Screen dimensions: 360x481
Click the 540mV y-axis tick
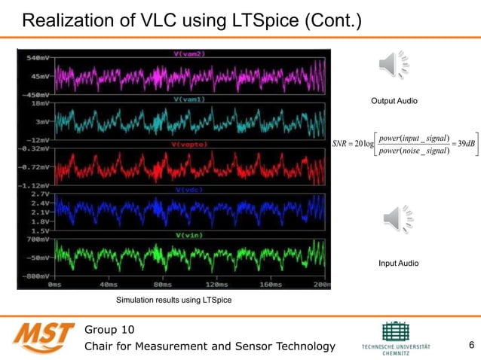[38, 58]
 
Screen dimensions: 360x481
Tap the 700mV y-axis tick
[38, 239]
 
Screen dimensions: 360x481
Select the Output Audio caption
[394, 101]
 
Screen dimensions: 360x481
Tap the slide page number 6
[471, 346]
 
